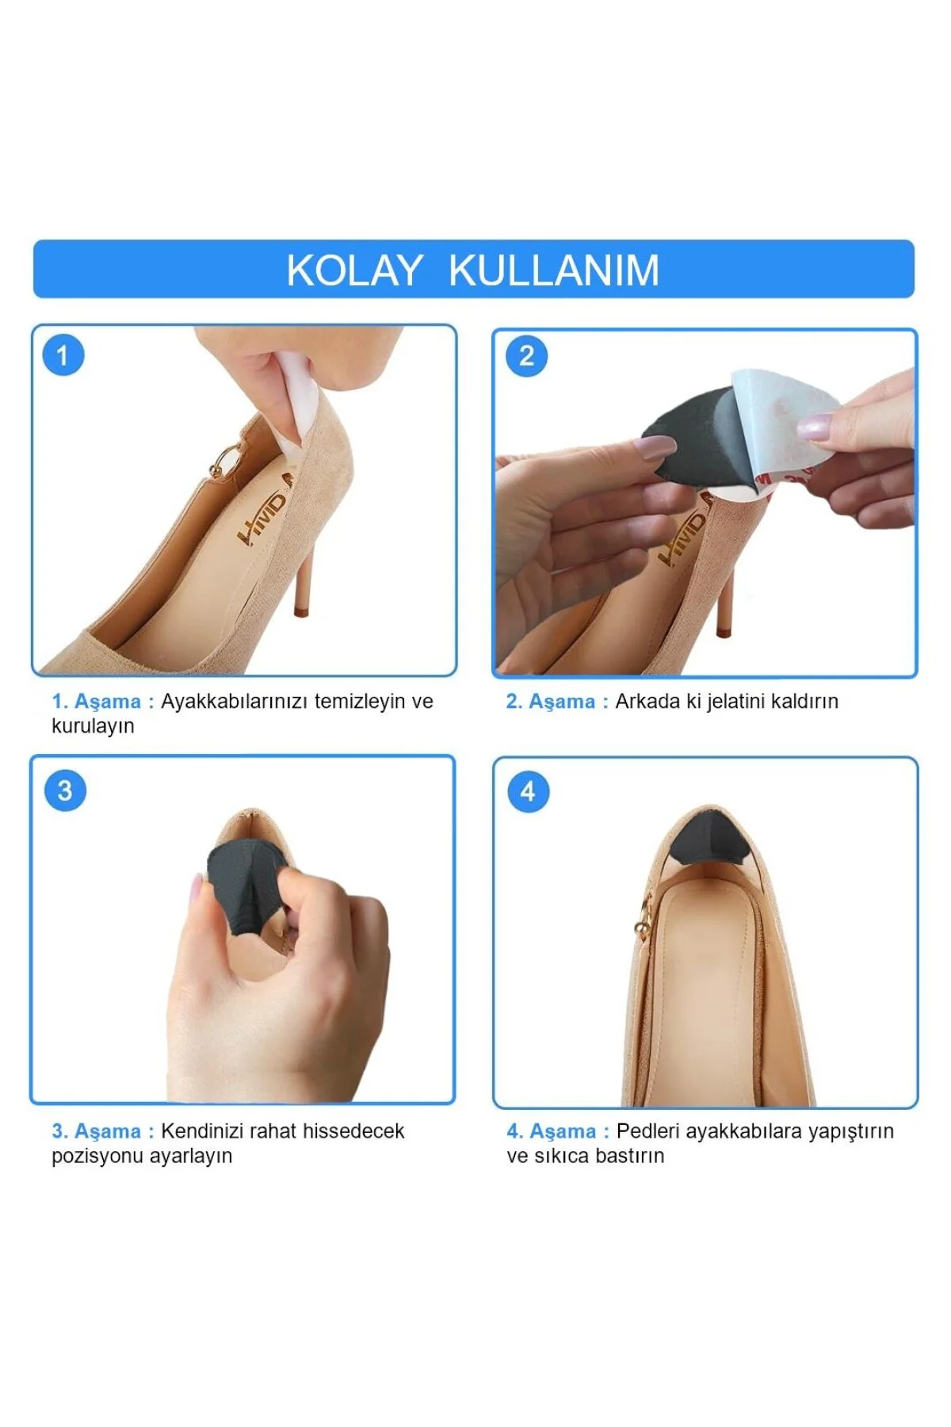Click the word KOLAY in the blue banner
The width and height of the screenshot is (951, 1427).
point(353,270)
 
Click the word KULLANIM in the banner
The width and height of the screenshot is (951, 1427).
point(554,270)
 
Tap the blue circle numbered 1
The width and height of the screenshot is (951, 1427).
point(63,355)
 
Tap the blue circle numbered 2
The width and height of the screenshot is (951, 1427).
point(527,356)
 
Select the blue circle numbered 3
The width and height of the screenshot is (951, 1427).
point(65,790)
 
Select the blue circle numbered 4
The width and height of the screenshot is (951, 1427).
point(528,791)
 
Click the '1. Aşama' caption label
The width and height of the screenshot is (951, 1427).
point(97,702)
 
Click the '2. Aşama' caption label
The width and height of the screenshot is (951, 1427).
point(551,702)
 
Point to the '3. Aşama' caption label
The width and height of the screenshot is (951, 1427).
point(97,1131)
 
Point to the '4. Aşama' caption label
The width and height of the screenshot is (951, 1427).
point(552,1131)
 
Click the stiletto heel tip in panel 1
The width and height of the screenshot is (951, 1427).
point(301,610)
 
